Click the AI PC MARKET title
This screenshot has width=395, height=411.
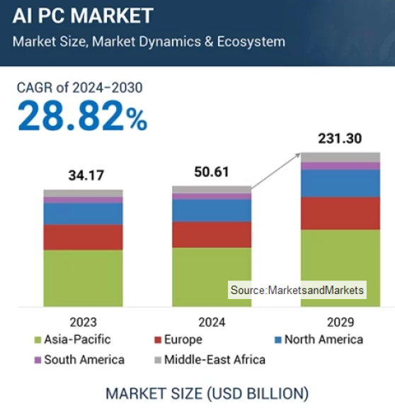[x=82, y=15]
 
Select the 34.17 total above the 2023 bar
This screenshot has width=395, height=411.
[x=83, y=174]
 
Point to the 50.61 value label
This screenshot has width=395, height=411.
[x=212, y=171]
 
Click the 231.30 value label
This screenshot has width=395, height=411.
[x=340, y=138]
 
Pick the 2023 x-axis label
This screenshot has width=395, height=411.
[x=83, y=322]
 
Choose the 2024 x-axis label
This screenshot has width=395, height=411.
[x=212, y=322]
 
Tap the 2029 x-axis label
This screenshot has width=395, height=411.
[x=340, y=322]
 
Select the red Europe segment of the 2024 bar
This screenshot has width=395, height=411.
[x=212, y=235]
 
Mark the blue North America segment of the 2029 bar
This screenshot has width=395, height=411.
[x=340, y=183]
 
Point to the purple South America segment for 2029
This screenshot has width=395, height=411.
[x=340, y=166]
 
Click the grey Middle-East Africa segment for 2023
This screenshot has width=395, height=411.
[x=83, y=193]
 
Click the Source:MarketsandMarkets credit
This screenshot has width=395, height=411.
[x=297, y=290]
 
